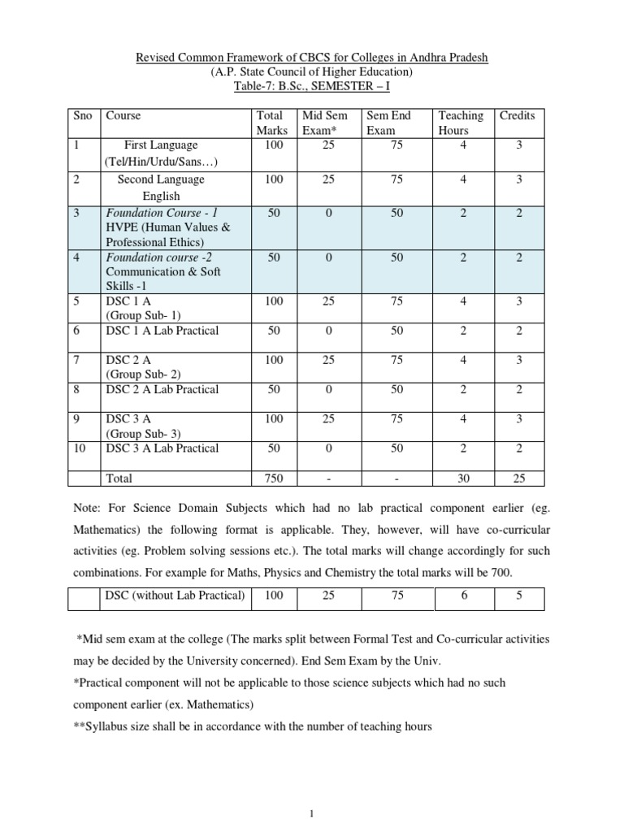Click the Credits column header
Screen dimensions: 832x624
click(x=517, y=115)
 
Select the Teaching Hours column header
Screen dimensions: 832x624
click(x=460, y=123)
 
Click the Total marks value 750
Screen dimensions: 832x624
click(x=274, y=479)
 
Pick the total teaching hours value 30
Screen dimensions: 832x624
click(x=463, y=479)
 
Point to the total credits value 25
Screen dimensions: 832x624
click(x=518, y=479)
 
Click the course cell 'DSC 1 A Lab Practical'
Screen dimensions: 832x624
click(x=162, y=331)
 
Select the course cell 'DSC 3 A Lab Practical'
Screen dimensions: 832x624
click(x=162, y=448)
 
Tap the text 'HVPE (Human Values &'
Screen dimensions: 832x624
click(x=168, y=227)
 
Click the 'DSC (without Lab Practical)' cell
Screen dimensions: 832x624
click(x=175, y=596)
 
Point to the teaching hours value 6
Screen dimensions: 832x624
click(x=463, y=596)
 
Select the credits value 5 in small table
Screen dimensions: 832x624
click(x=518, y=596)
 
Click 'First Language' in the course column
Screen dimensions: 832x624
click(x=161, y=145)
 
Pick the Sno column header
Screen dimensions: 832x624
click(x=79, y=115)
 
